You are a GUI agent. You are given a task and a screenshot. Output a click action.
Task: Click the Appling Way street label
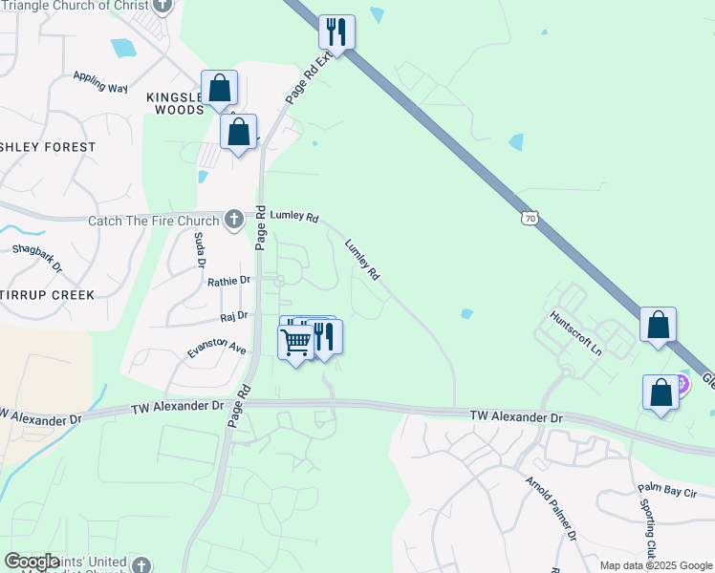pos(100,81)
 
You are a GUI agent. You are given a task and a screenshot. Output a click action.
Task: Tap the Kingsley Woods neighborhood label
pos(176,103)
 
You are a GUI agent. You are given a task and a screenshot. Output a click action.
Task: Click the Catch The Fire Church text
pos(154,222)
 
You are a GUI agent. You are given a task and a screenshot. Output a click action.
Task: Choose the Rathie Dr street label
pos(228,281)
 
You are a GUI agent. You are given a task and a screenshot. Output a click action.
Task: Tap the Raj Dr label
pos(234,315)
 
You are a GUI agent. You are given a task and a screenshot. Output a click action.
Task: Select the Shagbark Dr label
pos(37,257)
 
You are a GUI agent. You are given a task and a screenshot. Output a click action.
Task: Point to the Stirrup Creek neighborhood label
pos(48,295)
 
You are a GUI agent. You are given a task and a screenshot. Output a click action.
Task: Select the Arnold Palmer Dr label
pos(551,505)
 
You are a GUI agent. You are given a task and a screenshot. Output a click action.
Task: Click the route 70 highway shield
pos(530,219)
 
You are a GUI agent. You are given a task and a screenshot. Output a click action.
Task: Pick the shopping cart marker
pos(296,341)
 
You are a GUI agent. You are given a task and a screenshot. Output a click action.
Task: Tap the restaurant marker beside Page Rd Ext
pos(336,32)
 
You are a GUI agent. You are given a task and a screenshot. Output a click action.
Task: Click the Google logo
pos(32,562)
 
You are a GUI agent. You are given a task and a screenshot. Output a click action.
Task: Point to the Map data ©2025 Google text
pos(656,565)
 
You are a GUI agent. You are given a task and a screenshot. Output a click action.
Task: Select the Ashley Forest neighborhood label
pos(48,147)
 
